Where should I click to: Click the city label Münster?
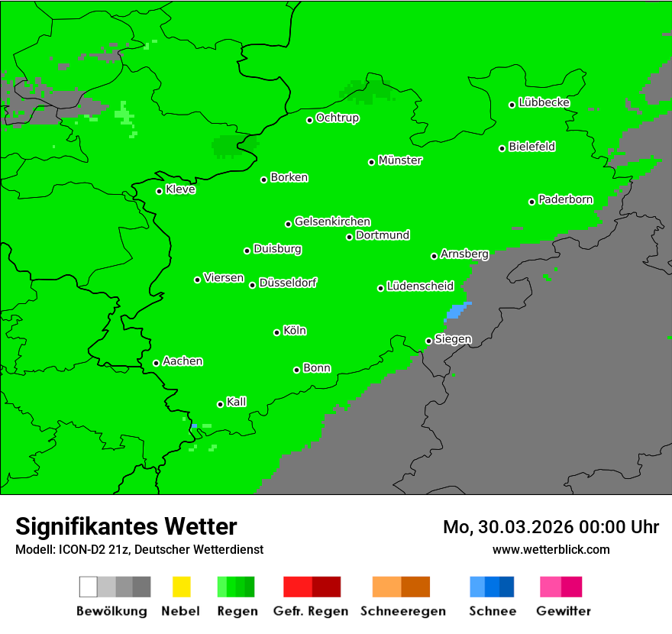click(400, 160)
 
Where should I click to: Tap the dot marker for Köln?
click(276, 332)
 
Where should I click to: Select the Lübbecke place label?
click(544, 102)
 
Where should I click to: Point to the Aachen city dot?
click(156, 363)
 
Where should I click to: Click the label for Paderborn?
click(565, 199)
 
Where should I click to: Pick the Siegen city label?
click(453, 339)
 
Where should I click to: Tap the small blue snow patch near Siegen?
click(456, 311)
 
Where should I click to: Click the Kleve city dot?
click(159, 191)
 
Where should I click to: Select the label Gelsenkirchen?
click(332, 222)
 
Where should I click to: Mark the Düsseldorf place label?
click(288, 283)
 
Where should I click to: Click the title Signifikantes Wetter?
click(126, 526)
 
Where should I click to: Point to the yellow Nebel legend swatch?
click(181, 587)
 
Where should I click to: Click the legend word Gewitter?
click(564, 611)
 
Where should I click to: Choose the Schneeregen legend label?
click(402, 611)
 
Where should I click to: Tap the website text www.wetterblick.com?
click(551, 549)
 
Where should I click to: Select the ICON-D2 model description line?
click(139, 549)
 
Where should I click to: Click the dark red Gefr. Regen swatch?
click(326, 587)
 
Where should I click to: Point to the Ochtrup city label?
click(337, 118)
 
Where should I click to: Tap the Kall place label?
click(236, 402)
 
